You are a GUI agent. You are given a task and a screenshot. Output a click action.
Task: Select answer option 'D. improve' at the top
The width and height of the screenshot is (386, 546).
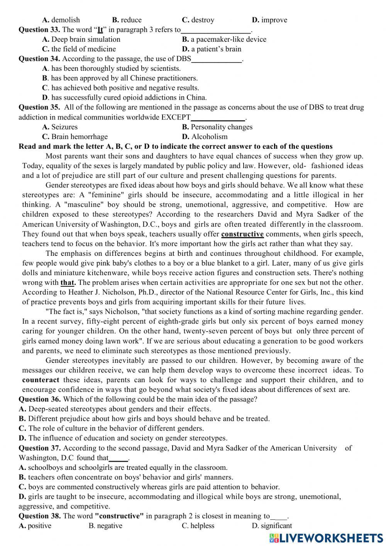[269, 20]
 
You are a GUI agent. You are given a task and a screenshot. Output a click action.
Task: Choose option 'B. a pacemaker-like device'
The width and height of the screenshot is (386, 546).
[224, 39]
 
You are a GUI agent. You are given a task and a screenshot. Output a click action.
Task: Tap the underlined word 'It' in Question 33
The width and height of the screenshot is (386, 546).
[100, 30]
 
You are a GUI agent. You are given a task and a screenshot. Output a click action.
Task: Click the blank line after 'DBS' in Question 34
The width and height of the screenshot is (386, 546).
[216, 59]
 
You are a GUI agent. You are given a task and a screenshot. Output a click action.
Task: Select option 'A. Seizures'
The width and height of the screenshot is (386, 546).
[60, 127]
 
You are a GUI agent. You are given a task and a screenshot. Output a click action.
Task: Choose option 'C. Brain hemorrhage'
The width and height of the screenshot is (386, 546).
[75, 137]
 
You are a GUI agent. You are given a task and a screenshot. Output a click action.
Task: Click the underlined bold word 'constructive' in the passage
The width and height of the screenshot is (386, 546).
[242, 234]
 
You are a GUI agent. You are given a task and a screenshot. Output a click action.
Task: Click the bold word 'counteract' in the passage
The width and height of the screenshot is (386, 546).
[41, 380]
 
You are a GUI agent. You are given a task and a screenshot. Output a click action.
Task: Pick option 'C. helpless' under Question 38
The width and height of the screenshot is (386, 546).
[198, 526]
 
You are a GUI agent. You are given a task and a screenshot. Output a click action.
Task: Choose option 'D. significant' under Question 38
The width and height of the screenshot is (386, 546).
[272, 526]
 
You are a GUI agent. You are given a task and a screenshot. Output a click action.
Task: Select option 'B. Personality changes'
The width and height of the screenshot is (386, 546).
[217, 127]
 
